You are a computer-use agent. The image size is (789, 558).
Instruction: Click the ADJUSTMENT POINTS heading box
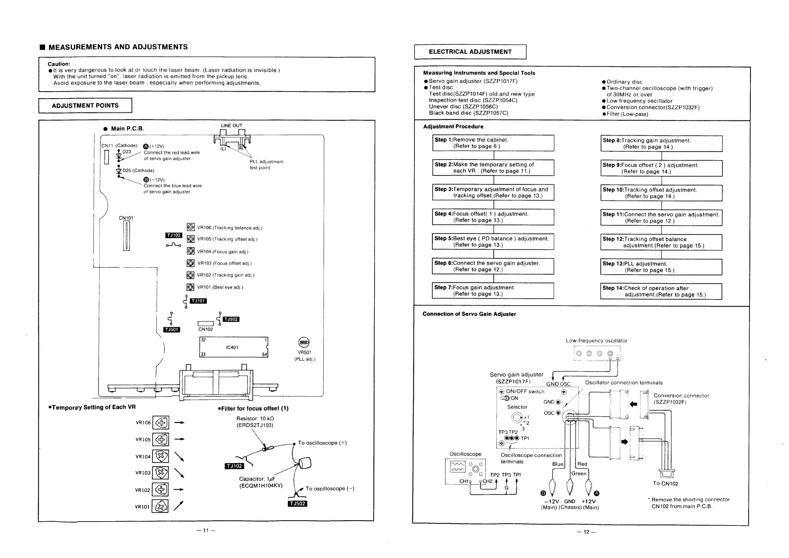coord(85,105)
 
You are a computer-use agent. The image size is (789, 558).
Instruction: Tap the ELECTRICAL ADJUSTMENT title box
coord(470,52)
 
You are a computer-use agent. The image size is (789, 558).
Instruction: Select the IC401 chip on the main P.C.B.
coord(233,347)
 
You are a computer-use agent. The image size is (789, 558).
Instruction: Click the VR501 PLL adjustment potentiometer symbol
coord(304,342)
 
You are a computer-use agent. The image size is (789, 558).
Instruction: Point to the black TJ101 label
coord(198,301)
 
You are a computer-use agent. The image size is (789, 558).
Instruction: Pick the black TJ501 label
coord(172,329)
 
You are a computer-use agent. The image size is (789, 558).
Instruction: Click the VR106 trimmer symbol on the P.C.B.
coord(191,227)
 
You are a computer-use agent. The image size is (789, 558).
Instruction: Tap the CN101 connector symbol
coord(127,236)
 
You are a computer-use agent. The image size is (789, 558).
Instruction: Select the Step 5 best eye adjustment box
coord(493,242)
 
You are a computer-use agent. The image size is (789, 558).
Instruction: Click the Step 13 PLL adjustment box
coord(661,267)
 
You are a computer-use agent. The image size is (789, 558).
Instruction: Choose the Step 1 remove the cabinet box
coord(493,143)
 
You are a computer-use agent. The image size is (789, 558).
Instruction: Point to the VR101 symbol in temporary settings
coord(160,506)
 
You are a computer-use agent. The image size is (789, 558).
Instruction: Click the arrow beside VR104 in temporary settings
coord(179,456)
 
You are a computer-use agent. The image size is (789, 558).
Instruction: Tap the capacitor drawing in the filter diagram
coord(305,463)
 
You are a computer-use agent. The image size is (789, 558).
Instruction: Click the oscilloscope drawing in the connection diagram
coord(465,471)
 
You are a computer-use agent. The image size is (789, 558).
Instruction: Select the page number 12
coord(586,532)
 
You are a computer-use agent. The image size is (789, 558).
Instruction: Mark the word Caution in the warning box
coord(59,64)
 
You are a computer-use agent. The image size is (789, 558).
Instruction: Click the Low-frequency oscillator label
coord(596,341)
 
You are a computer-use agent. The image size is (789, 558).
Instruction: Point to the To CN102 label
coord(666,483)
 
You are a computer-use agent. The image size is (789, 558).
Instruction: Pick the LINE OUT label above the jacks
coord(232,125)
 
